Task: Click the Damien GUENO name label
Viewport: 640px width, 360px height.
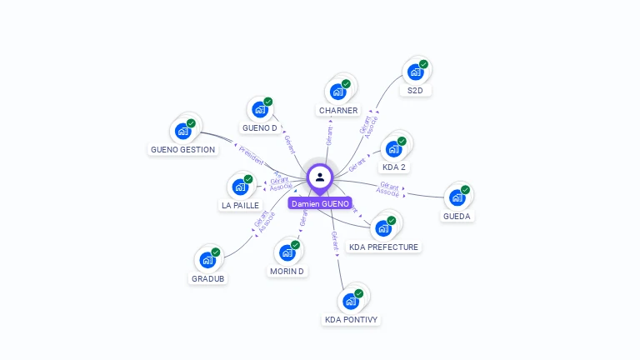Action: click(320, 203)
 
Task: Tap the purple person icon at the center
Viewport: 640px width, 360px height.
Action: click(320, 177)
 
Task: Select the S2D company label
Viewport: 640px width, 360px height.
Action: click(414, 90)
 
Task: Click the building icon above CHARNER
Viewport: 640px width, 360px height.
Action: click(337, 92)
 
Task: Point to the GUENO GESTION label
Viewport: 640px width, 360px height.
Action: click(182, 150)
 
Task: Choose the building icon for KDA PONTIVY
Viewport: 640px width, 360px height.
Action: click(350, 301)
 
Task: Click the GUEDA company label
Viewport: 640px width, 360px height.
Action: click(457, 217)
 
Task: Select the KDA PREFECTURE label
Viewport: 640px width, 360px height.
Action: click(384, 247)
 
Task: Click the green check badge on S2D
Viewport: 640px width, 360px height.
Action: click(423, 64)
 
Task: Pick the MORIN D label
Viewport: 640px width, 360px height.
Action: click(287, 272)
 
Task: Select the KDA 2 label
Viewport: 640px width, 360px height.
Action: click(393, 167)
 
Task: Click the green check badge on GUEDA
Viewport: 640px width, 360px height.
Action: click(465, 190)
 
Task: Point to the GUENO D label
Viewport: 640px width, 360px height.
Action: click(259, 128)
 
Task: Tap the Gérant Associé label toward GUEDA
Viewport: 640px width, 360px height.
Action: click(389, 188)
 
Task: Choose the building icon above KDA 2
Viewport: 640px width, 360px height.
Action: click(392, 149)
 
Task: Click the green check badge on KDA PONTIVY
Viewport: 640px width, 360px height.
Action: click(359, 293)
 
